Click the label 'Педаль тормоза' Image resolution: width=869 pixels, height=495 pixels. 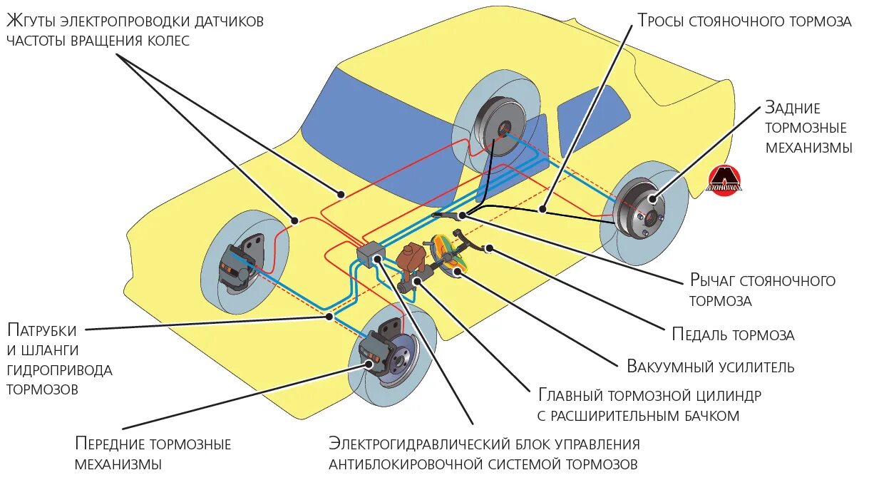click(733, 335)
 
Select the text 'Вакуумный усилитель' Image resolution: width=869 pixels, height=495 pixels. click(710, 367)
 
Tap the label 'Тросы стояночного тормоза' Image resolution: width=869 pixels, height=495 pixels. click(744, 21)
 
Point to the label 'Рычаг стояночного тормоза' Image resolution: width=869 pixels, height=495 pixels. click(762, 290)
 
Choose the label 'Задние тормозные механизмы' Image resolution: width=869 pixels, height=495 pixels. click(808, 128)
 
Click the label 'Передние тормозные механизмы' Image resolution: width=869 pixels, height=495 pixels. click(153, 454)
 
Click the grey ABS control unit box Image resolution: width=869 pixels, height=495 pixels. click(371, 252)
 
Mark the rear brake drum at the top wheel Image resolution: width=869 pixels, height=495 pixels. click(499, 128)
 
